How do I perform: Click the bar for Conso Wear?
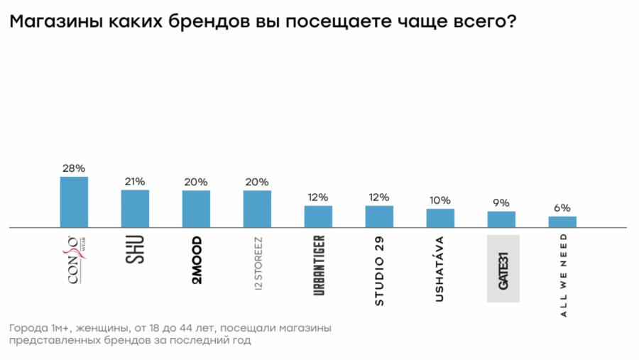74,202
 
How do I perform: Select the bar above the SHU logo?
135,209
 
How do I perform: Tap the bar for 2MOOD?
196,209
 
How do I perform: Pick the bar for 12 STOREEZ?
257,209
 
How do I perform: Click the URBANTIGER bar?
318,217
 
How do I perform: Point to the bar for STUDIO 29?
379,217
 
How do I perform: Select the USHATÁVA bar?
440,218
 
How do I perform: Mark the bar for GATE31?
501,219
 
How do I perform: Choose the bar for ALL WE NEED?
562,222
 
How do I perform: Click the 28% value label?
74,168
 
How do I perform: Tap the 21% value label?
135,182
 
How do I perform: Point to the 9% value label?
501,203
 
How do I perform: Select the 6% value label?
562,208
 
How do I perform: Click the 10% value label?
440,200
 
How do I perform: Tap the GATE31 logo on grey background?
503,268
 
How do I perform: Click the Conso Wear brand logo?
73,260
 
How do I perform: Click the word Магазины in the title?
55,22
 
